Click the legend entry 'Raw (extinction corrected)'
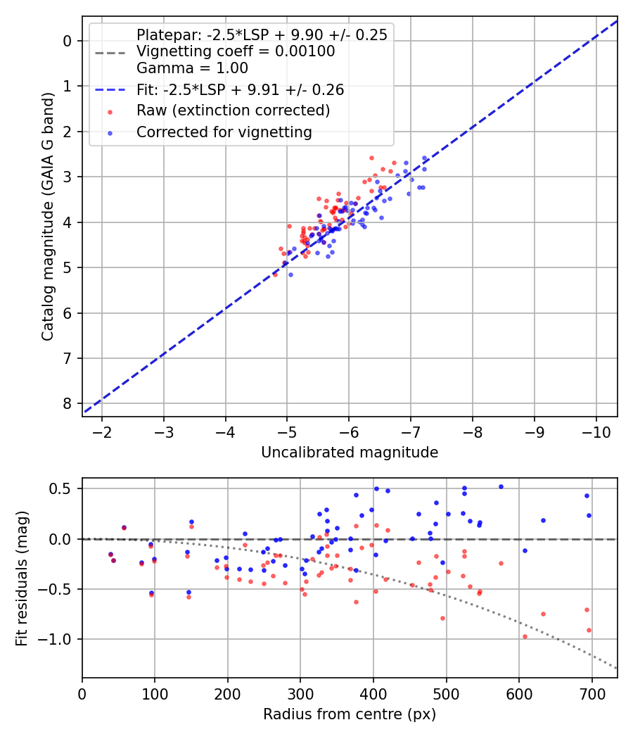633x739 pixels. [233, 110]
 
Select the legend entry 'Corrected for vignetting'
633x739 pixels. [224, 132]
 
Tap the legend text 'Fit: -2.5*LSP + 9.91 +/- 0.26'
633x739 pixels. [240, 90]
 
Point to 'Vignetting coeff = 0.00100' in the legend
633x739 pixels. [236, 51]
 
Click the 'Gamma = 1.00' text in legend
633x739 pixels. [192, 68]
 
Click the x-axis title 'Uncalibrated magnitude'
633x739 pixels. [350, 452]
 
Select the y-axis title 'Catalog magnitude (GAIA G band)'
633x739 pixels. [47, 215]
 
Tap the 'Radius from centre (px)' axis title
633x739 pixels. [350, 714]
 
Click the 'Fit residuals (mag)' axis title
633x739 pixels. [23, 578]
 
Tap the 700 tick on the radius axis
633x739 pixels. [592, 692]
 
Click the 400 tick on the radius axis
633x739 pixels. [373, 692]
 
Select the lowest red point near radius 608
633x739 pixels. [525, 636]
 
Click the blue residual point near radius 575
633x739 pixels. [501, 486]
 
